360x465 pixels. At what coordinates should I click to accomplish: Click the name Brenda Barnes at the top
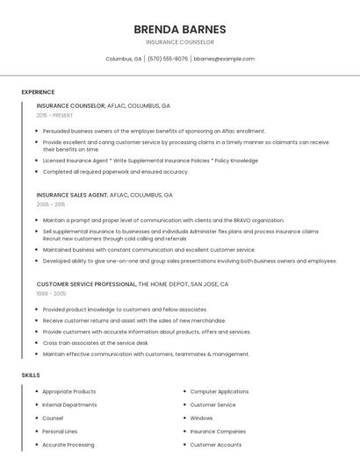pyautogui.click(x=179, y=29)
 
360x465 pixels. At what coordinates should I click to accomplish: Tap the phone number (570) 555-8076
pyautogui.click(x=168, y=59)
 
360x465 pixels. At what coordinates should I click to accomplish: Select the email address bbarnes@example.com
pyautogui.click(x=224, y=59)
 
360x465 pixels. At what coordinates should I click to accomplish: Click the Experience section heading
pyautogui.click(x=38, y=92)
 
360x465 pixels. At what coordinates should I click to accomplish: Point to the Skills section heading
pyautogui.click(x=31, y=375)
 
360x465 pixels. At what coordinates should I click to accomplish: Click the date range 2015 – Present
pyautogui.click(x=54, y=115)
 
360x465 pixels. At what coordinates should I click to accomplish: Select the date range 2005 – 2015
pyautogui.click(x=51, y=204)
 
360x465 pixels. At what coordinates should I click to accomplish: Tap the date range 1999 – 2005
pyautogui.click(x=51, y=293)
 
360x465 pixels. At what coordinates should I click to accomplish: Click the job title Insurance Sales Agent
pyautogui.click(x=72, y=195)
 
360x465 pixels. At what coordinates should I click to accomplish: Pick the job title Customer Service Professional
pyautogui.click(x=87, y=284)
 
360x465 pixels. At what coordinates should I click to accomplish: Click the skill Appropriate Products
pyautogui.click(x=69, y=391)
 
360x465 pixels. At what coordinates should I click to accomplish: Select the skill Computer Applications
pyautogui.click(x=220, y=391)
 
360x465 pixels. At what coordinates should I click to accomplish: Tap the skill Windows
pyautogui.click(x=202, y=418)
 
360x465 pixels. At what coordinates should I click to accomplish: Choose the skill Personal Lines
pyautogui.click(x=60, y=431)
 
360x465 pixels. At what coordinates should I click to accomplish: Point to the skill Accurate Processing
pyautogui.click(x=68, y=445)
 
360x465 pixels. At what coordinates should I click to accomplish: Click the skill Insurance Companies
pyautogui.click(x=218, y=431)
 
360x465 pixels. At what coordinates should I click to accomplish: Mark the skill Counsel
pyautogui.click(x=53, y=418)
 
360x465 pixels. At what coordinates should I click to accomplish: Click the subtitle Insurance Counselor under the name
pyautogui.click(x=179, y=42)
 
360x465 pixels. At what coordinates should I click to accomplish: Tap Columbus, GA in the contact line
pyautogui.click(x=124, y=59)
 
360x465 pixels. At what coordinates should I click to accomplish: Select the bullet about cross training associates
pyautogui.click(x=95, y=343)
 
